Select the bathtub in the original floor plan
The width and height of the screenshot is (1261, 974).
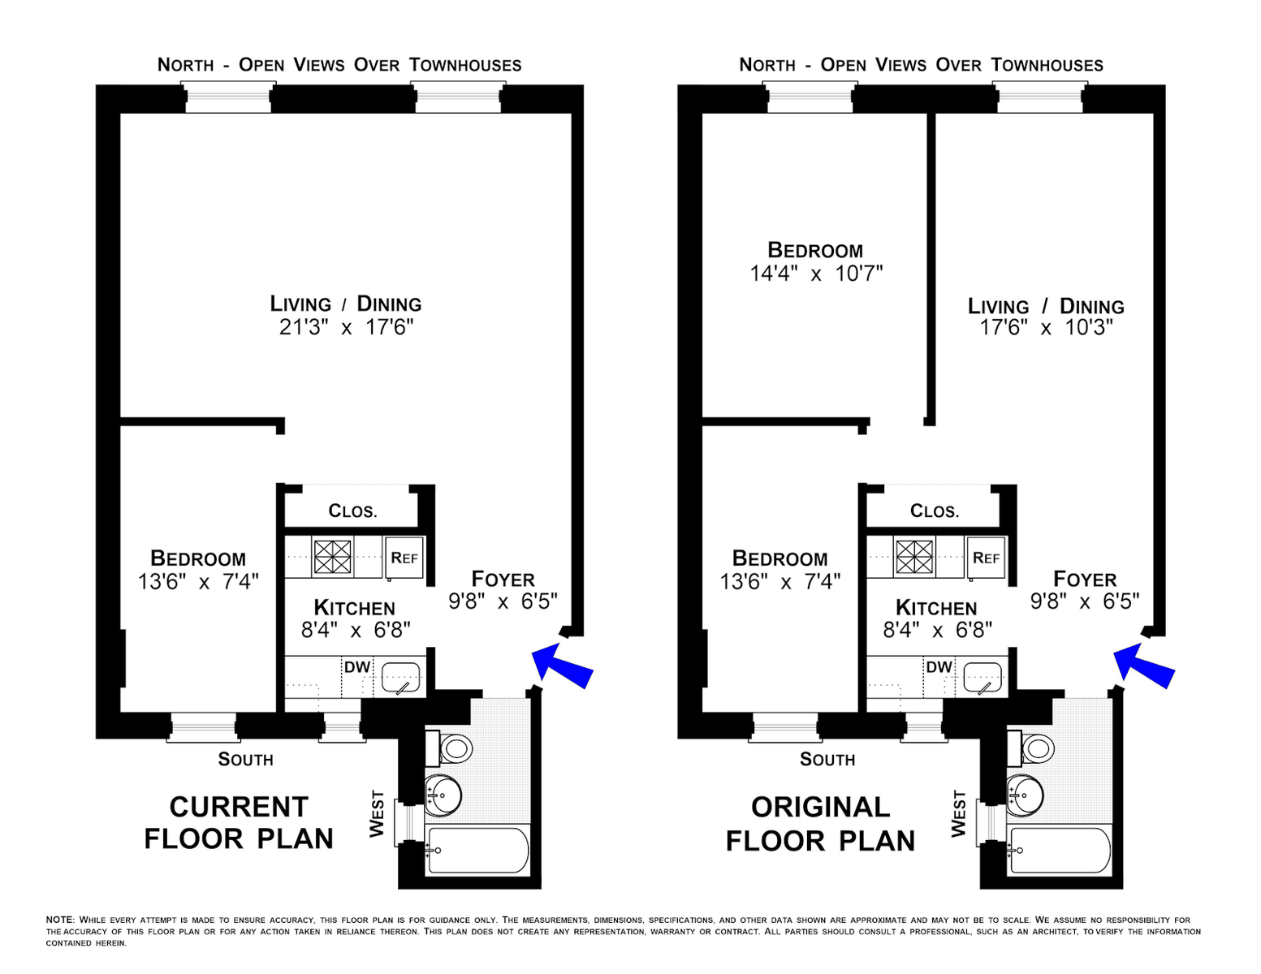(x=1060, y=850)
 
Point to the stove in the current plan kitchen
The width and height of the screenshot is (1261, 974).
(x=332, y=557)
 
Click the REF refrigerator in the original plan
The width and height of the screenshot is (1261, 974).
(x=986, y=558)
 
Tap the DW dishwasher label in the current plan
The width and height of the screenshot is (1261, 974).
(x=357, y=667)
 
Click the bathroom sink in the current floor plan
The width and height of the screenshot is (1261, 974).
(x=443, y=795)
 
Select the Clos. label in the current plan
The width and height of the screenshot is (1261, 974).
(x=353, y=511)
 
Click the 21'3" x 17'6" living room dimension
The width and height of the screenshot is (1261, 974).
(x=347, y=327)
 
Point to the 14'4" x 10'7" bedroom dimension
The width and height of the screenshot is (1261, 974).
(x=816, y=273)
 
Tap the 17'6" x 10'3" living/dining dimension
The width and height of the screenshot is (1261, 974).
(x=1047, y=327)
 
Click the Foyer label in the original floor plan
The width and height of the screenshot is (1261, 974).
(x=1085, y=579)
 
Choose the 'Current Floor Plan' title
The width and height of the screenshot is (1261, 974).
(x=239, y=822)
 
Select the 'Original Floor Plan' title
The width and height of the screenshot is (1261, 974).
(x=821, y=824)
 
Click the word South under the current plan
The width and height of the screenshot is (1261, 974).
(x=245, y=760)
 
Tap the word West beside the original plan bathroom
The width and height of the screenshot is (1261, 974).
(x=959, y=813)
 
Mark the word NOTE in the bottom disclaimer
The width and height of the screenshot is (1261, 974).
(x=60, y=920)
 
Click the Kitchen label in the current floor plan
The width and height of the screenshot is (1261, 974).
(x=355, y=608)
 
